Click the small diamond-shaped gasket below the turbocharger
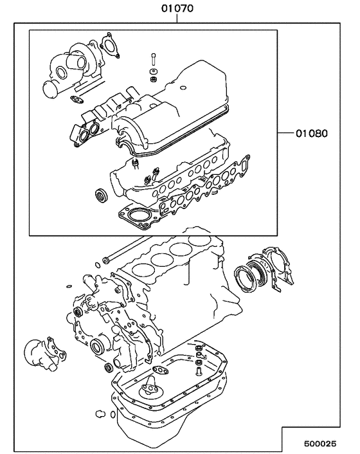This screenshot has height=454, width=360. coord(77,100)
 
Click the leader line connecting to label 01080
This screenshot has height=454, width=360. coord(283,134)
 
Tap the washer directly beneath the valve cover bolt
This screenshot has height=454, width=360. coord(154,78)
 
